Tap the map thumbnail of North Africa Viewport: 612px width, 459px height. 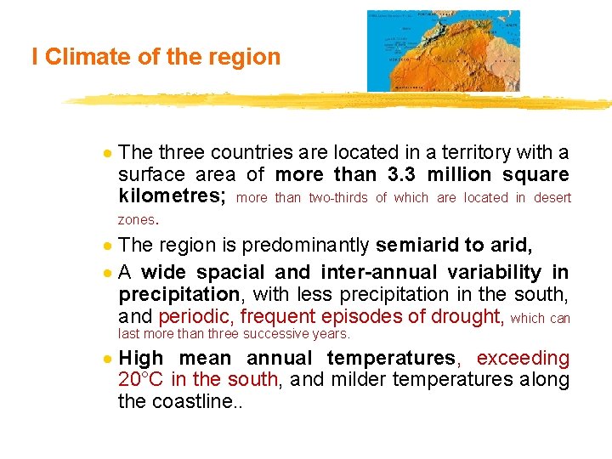pos(443,50)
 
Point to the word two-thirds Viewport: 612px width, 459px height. pos(337,198)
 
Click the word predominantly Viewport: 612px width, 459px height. pos(306,246)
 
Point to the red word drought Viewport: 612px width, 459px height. pos(464,317)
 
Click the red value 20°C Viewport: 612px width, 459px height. pos(142,379)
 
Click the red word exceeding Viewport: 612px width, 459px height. pos(524,358)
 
